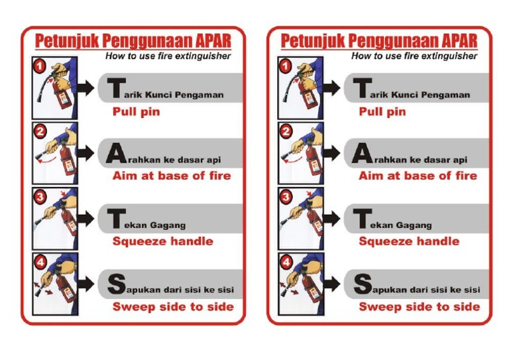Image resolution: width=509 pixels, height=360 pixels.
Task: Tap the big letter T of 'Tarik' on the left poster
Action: [116, 88]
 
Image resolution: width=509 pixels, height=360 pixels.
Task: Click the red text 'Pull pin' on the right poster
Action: [382, 111]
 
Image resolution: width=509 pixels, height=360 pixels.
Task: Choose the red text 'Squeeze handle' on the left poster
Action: [162, 241]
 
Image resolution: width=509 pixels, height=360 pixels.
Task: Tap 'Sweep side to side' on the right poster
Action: [419, 306]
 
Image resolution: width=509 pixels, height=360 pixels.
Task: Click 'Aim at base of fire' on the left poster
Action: [172, 176]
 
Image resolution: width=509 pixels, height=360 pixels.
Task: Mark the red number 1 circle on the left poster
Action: [40, 66]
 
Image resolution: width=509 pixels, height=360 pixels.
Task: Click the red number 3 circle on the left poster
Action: [40, 197]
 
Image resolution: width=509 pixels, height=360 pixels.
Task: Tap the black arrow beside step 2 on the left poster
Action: [85, 152]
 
